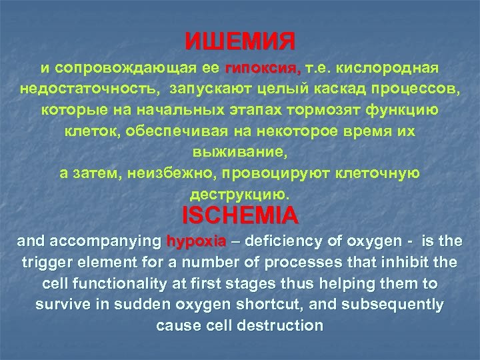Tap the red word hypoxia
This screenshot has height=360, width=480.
(x=197, y=241)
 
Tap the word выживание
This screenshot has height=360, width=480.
(x=239, y=153)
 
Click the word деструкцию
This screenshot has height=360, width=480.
(x=239, y=195)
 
